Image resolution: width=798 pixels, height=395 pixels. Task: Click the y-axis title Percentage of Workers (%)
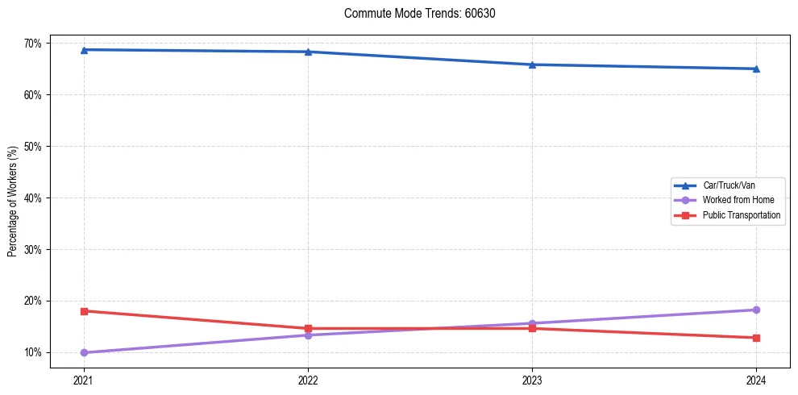tap(13, 202)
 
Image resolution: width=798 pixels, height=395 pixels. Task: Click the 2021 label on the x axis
tap(84, 380)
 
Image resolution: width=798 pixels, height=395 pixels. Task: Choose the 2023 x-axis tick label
tap(532, 380)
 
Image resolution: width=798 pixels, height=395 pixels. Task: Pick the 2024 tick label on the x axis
tap(756, 380)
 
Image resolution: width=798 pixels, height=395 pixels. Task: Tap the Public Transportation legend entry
tap(741, 215)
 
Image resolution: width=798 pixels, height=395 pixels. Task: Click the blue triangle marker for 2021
tap(84, 50)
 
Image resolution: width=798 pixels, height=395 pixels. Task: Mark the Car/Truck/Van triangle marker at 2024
tap(756, 69)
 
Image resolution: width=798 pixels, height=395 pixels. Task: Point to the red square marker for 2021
tap(84, 311)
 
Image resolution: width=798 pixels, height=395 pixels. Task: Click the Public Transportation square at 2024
tap(756, 338)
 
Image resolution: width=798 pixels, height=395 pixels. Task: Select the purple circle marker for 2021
tap(84, 352)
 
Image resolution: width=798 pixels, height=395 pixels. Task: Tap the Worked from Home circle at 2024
tap(756, 310)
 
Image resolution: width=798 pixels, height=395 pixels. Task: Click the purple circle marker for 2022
tap(308, 335)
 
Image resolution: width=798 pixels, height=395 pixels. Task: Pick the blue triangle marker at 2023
tap(532, 64)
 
